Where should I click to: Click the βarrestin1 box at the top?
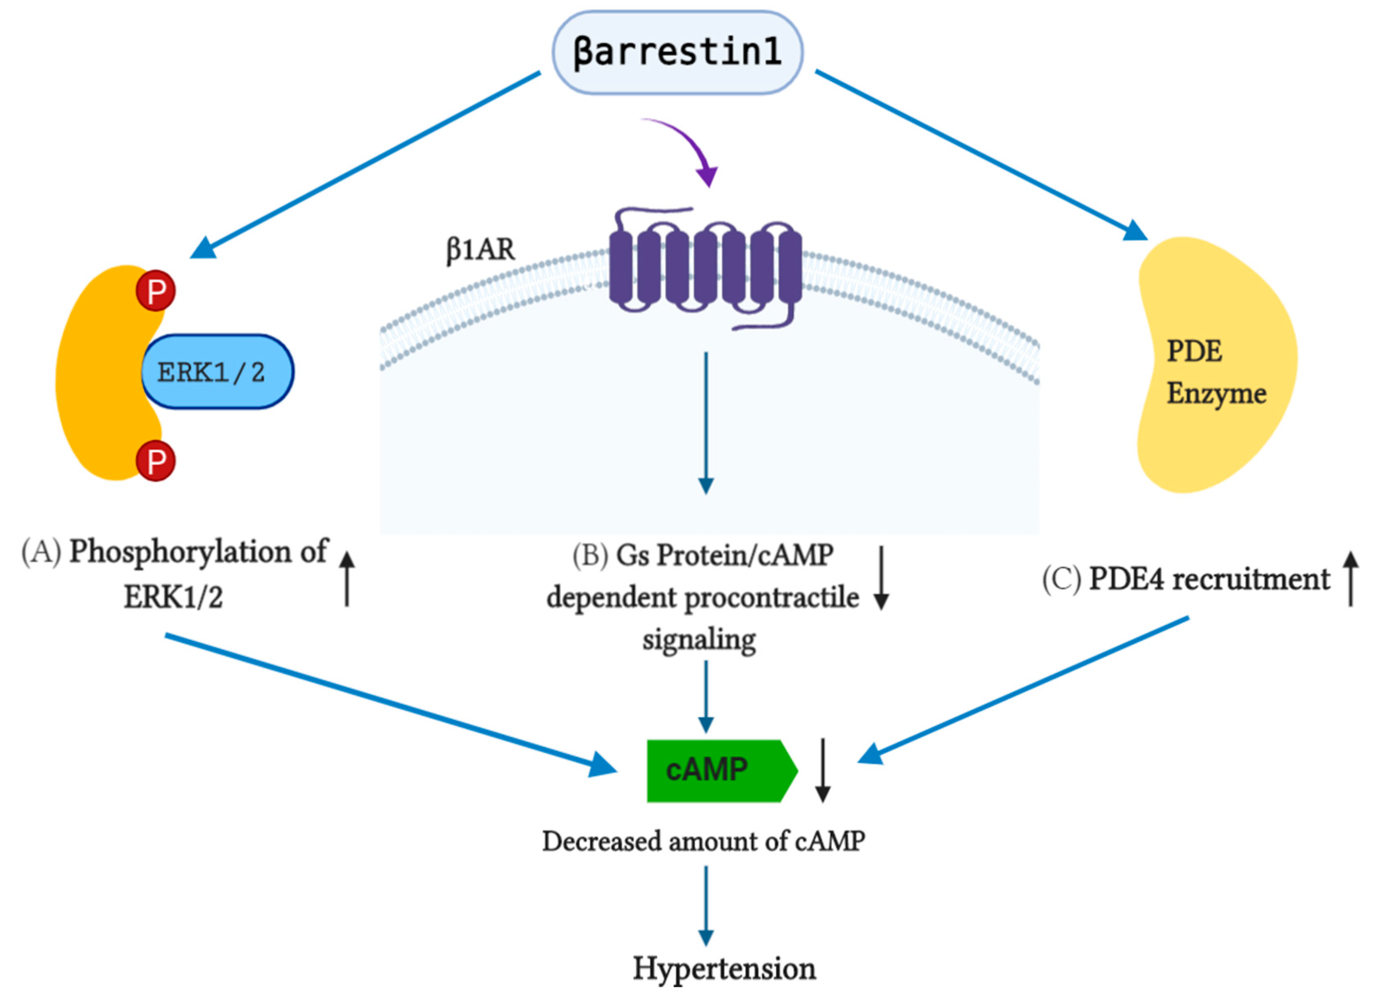(677, 52)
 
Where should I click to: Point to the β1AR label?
(480, 249)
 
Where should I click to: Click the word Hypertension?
(724, 968)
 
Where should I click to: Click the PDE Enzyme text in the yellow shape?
(1214, 371)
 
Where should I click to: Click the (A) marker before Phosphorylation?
(41, 551)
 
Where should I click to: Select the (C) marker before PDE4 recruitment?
(1061, 578)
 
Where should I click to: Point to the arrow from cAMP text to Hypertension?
(705, 905)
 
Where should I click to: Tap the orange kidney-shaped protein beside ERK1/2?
(97, 376)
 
